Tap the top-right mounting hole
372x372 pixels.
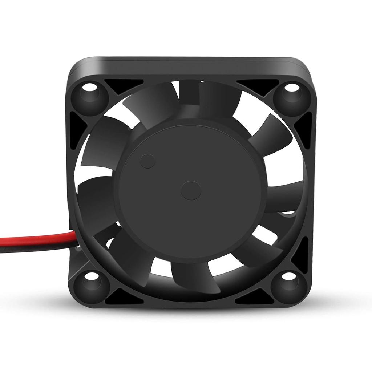tap(291, 88)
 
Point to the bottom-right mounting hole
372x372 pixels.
tap(289, 276)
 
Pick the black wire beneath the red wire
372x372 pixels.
tap(33, 248)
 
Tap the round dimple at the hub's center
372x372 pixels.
tap(190, 190)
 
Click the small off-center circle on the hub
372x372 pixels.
tap(148, 161)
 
